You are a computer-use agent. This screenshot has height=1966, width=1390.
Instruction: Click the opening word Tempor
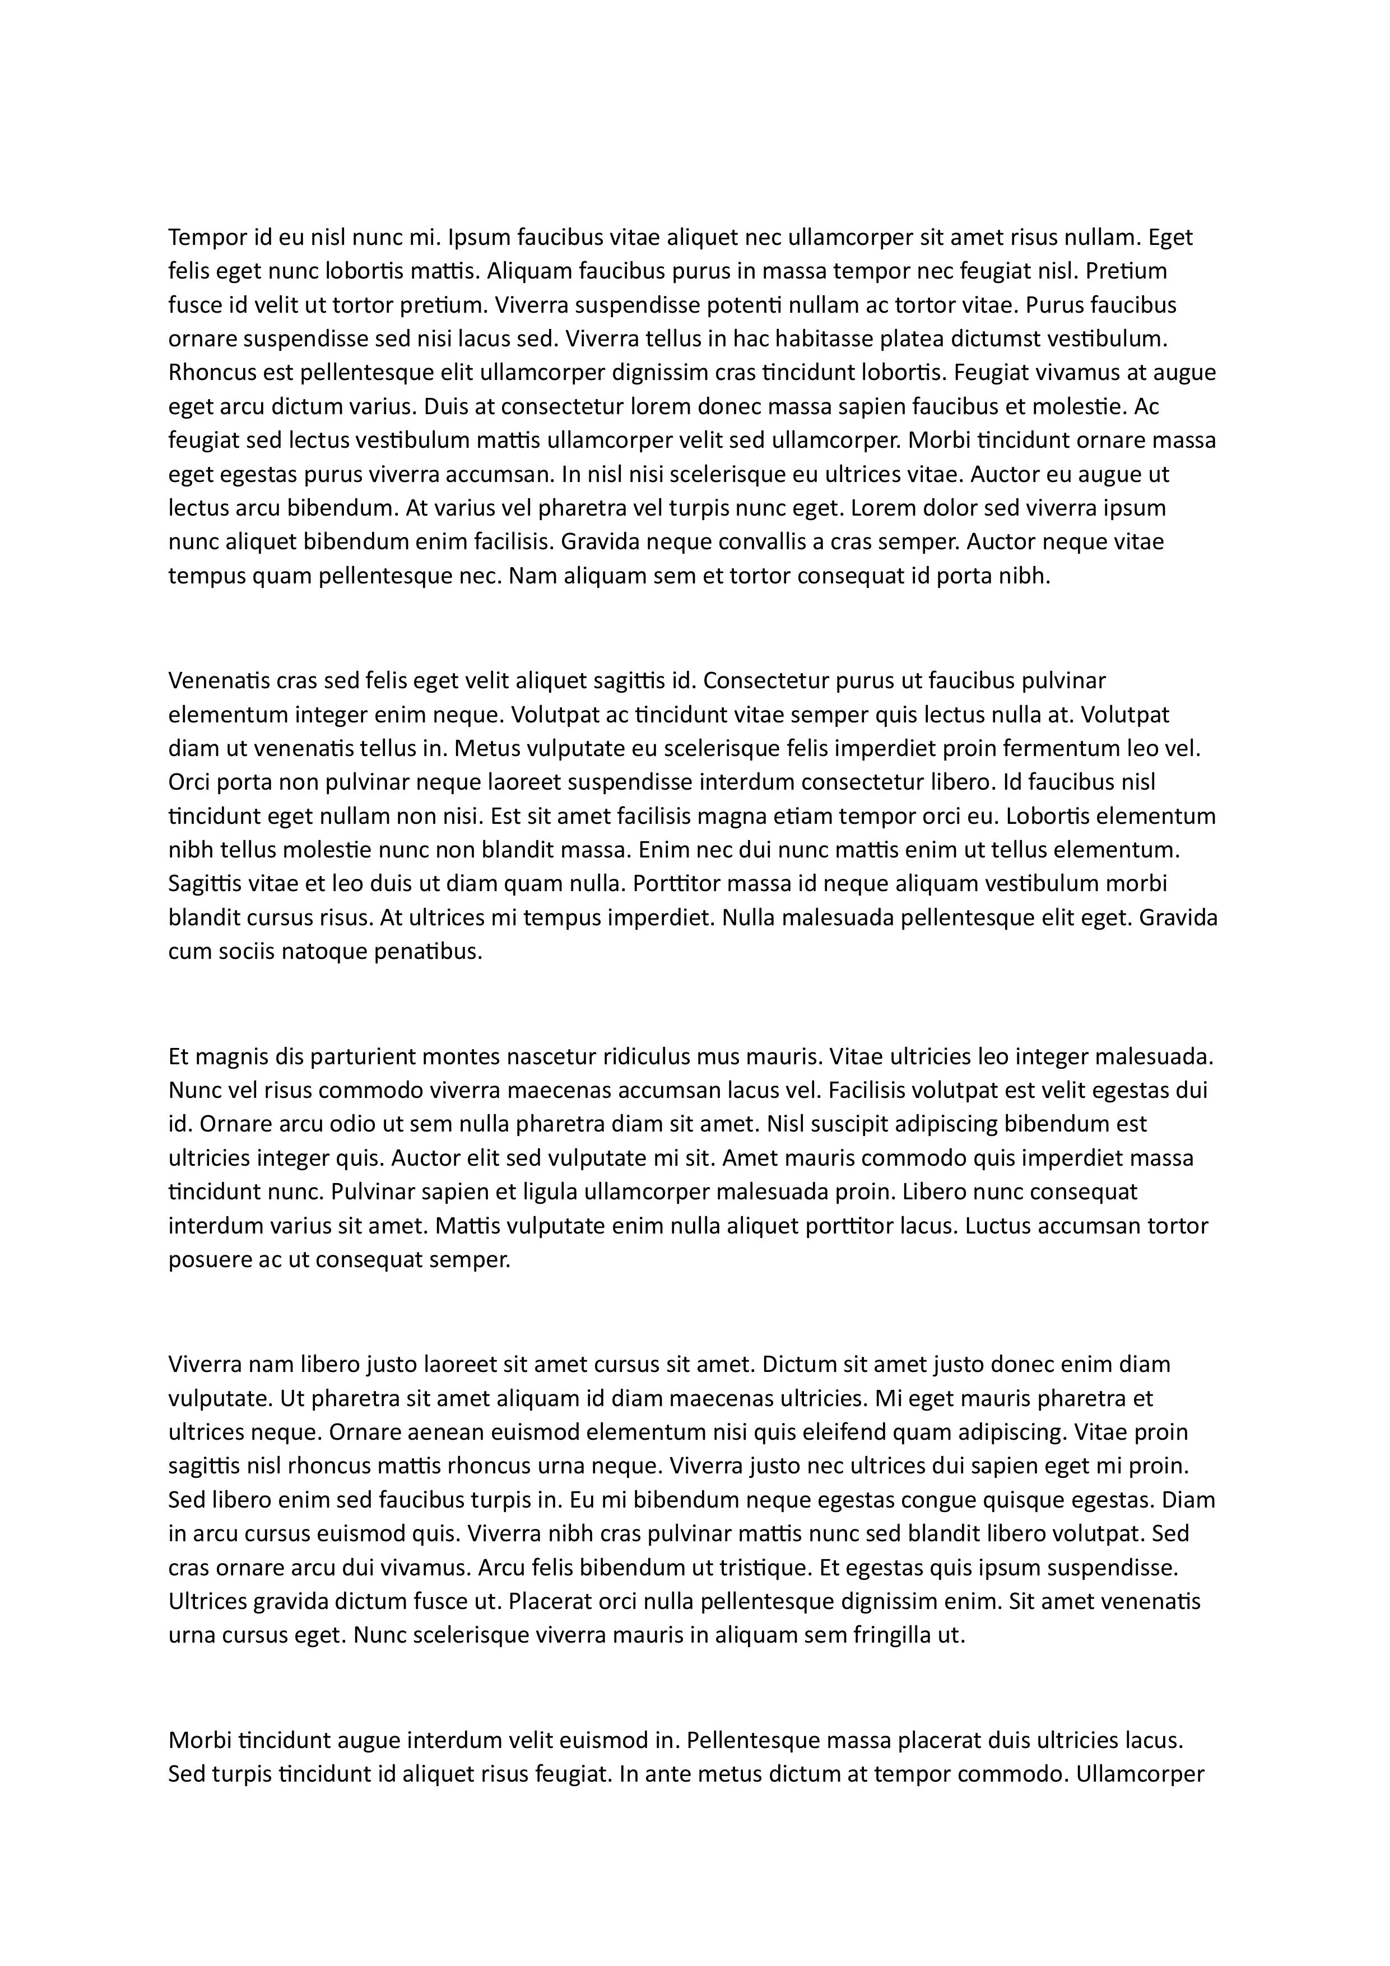coord(204,237)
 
